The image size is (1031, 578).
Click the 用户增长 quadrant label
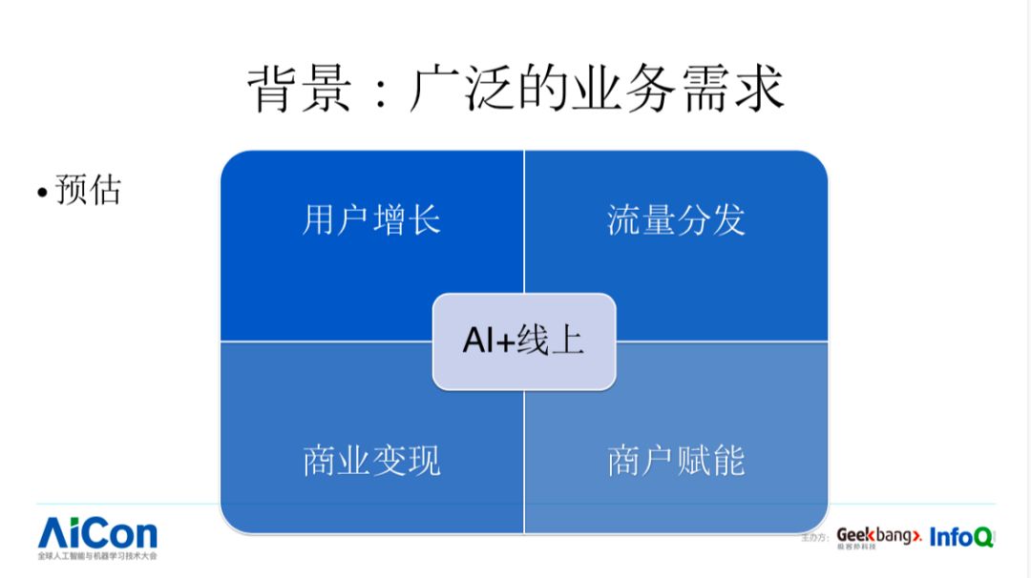click(371, 219)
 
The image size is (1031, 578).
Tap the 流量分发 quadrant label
click(676, 219)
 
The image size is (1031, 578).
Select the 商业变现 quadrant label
click(371, 461)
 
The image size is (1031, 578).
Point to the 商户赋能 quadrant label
click(676, 461)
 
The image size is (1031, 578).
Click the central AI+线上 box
click(524, 341)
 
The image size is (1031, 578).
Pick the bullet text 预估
click(88, 190)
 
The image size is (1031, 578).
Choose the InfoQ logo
click(961, 537)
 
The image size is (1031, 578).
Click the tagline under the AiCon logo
click(97, 555)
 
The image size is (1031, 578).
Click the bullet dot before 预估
click(42, 193)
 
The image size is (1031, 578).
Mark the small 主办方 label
click(817, 539)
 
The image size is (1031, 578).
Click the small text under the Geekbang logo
click(856, 548)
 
